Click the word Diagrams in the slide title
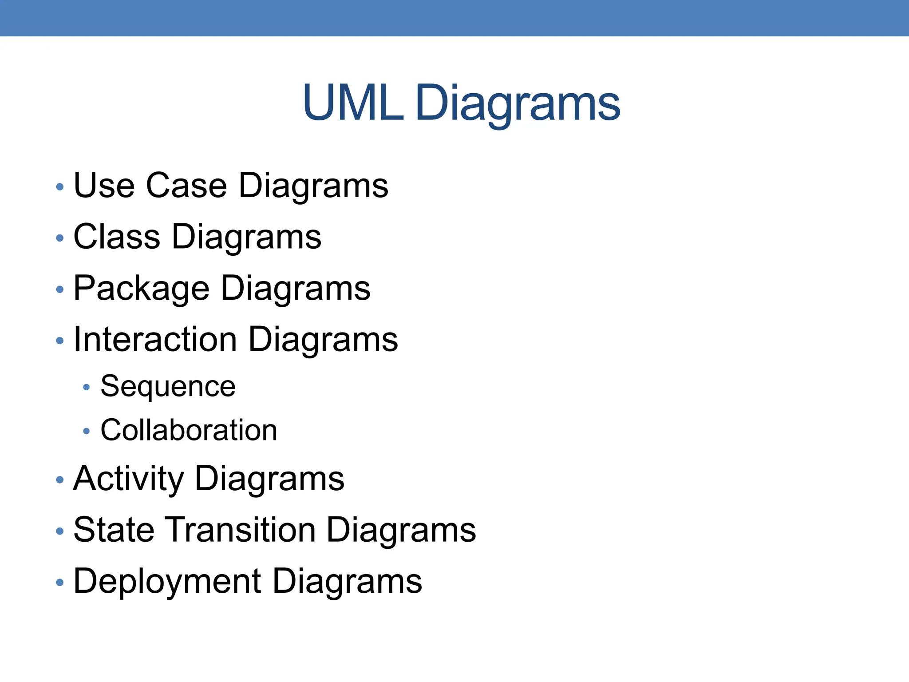tap(518, 104)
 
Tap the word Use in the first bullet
tap(104, 185)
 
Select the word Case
tap(186, 185)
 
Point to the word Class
tap(117, 237)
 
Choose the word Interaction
tap(155, 340)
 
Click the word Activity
tap(128, 480)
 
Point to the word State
tap(114, 530)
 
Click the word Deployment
tap(167, 582)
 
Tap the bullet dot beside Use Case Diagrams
tap(60, 187)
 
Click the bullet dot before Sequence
tap(87, 388)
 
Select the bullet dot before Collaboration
tap(87, 431)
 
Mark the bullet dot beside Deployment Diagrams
tap(60, 583)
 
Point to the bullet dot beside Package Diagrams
tap(60, 290)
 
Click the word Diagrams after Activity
tap(269, 480)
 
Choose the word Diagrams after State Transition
tap(401, 531)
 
